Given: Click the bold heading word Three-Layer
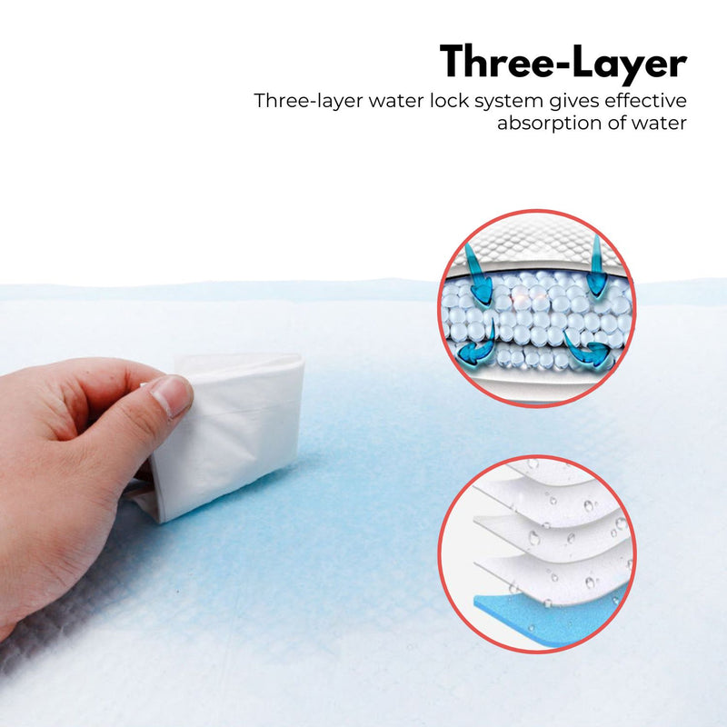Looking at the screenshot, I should coord(563,62).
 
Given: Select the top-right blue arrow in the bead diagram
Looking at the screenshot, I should coord(595,266).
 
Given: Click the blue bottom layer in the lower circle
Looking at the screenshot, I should coord(545,618).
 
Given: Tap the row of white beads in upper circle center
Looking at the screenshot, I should coord(536,314).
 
